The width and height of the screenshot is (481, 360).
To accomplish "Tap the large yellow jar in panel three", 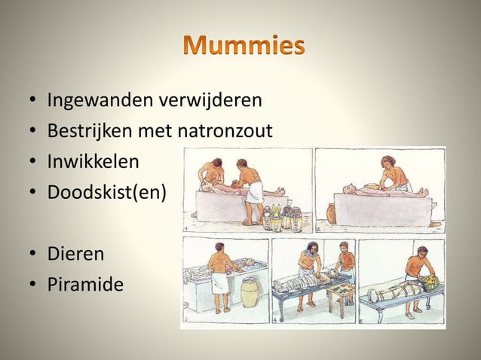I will (250, 291).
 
